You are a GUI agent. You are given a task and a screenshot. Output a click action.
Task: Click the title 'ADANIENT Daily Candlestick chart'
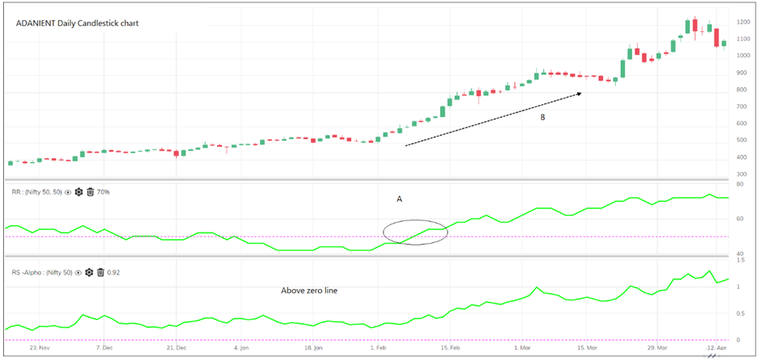click(x=77, y=23)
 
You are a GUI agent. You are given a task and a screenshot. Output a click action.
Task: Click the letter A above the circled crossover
click(x=399, y=199)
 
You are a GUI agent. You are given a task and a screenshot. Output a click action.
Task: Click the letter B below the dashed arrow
click(x=542, y=117)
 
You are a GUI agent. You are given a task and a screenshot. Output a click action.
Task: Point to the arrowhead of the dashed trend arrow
click(x=579, y=94)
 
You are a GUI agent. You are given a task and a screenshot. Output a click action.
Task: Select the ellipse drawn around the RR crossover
click(x=415, y=232)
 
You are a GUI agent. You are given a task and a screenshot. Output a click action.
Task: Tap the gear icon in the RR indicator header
click(x=79, y=192)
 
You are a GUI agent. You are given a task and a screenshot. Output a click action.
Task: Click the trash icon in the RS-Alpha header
click(x=101, y=273)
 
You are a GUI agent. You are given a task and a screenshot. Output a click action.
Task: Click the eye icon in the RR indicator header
click(x=68, y=192)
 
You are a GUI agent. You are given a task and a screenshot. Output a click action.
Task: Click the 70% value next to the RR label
click(x=103, y=192)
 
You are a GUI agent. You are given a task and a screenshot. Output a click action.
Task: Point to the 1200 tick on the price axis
click(x=743, y=22)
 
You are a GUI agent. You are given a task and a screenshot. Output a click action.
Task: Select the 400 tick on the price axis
click(x=741, y=157)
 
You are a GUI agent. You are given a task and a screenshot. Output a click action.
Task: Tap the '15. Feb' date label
click(x=450, y=350)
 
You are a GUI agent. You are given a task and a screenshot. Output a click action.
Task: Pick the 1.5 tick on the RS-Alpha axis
click(x=741, y=261)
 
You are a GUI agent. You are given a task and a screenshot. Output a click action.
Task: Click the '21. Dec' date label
click(x=176, y=350)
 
